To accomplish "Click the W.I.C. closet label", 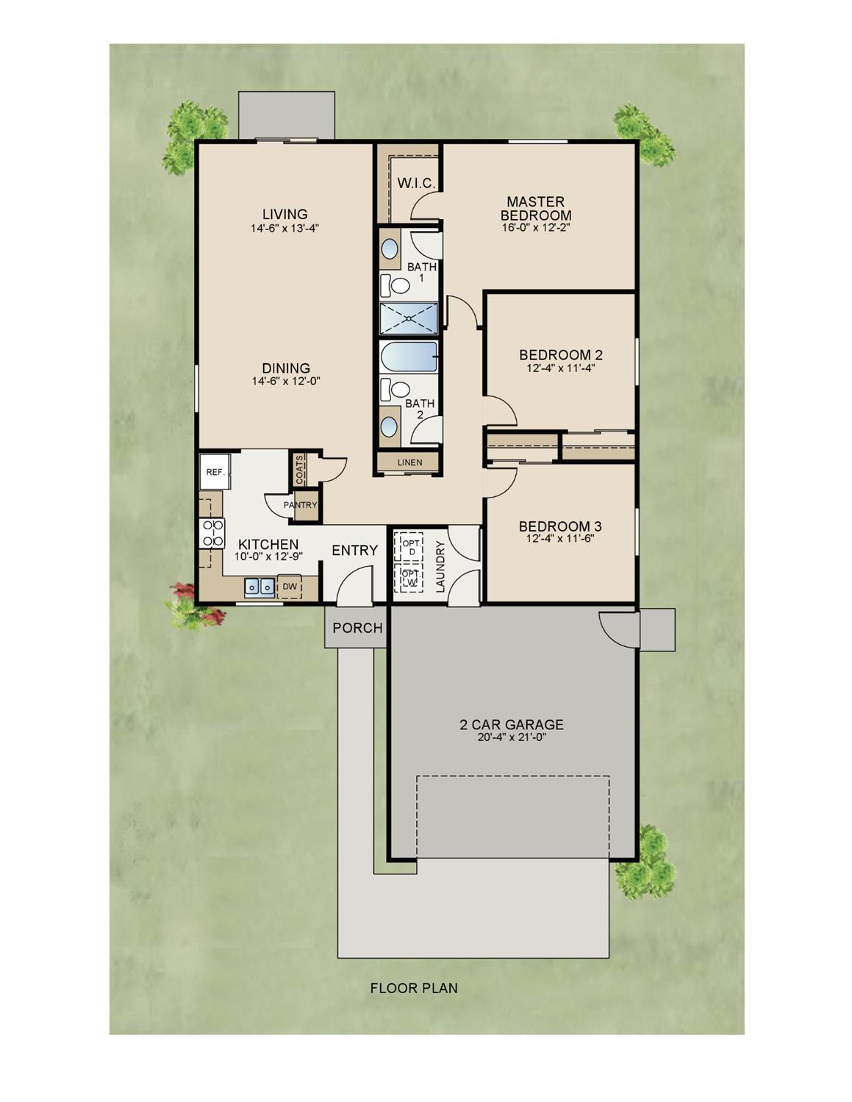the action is click(x=416, y=183).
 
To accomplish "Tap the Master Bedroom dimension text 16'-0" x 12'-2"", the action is click(x=536, y=228).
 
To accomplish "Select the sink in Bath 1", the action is click(x=390, y=248).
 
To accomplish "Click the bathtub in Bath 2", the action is click(x=408, y=357).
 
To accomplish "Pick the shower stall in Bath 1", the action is click(x=408, y=318).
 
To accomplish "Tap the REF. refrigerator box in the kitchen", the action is click(x=215, y=472).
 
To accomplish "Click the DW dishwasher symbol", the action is click(x=290, y=587).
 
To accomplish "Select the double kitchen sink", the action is click(x=259, y=587).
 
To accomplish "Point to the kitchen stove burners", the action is click(x=212, y=533).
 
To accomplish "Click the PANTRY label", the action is click(x=300, y=505).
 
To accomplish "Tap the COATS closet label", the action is click(x=300, y=469).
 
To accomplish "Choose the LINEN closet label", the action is click(x=409, y=462).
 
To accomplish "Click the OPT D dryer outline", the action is click(x=409, y=547).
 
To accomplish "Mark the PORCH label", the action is click(x=357, y=628).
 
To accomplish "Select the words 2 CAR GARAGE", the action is click(x=511, y=725).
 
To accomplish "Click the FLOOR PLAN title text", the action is click(x=414, y=988).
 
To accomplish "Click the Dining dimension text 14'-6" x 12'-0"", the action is click(x=287, y=381).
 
